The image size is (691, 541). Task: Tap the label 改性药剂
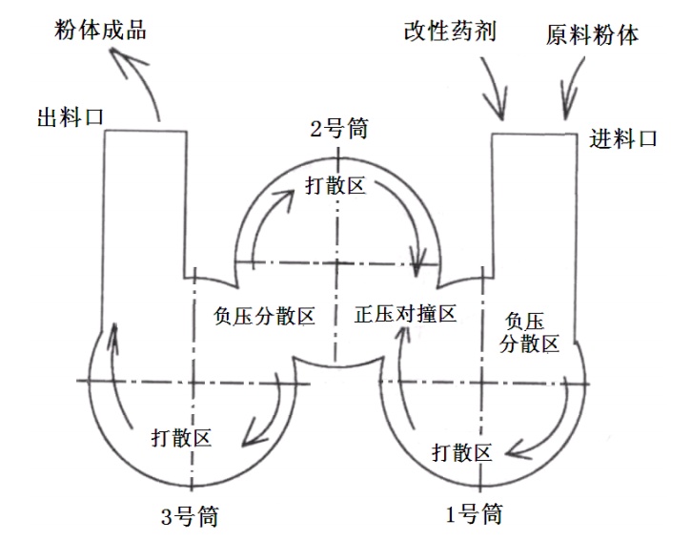[450, 32]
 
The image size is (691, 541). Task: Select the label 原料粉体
[592, 35]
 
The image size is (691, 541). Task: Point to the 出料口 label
[70, 117]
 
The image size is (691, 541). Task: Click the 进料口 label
[623, 139]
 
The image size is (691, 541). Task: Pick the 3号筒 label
[189, 517]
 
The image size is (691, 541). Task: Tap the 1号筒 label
[474, 514]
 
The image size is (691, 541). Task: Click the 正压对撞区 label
[406, 314]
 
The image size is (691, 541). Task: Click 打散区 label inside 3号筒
[181, 438]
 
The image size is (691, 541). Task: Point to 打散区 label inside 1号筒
[461, 450]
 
